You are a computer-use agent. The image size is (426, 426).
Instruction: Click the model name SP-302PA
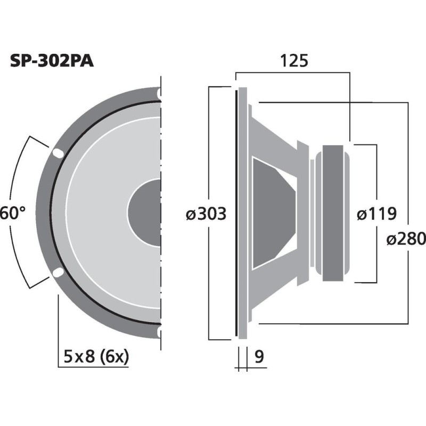(52, 61)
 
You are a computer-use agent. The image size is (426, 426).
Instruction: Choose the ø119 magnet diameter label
(376, 214)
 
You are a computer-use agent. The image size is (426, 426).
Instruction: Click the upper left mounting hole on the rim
(57, 153)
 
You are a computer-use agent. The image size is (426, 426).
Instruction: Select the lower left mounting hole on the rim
(57, 274)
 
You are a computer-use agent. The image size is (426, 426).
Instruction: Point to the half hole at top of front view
(159, 93)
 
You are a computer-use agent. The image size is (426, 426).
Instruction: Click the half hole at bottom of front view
(159, 333)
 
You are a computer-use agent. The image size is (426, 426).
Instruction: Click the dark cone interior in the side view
(272, 213)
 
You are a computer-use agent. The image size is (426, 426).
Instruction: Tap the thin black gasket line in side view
(235, 213)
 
